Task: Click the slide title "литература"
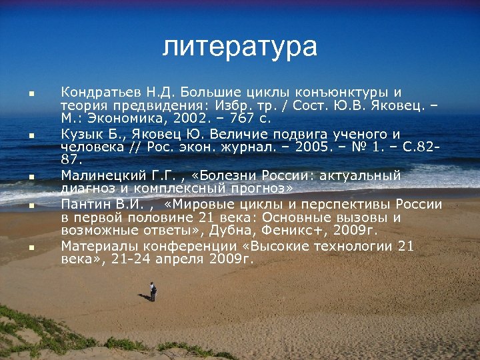pos(240,47)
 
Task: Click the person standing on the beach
pos(153,291)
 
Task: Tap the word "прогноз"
pos(260,189)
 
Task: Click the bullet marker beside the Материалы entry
pos(31,247)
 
